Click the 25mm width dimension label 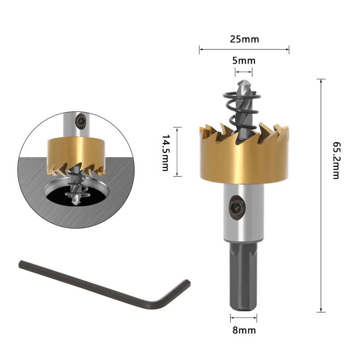pyautogui.click(x=244, y=39)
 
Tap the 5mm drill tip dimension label pyautogui.click(x=244, y=61)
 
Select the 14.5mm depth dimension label pyautogui.click(x=166, y=152)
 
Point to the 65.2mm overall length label pyautogui.click(x=335, y=160)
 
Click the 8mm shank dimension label pyautogui.click(x=244, y=330)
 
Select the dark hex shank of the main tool pyautogui.click(x=244, y=276)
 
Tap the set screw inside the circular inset pyautogui.click(x=81, y=120)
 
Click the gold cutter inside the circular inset pyautogui.click(x=76, y=152)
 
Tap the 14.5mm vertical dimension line pyautogui.click(x=178, y=152)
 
